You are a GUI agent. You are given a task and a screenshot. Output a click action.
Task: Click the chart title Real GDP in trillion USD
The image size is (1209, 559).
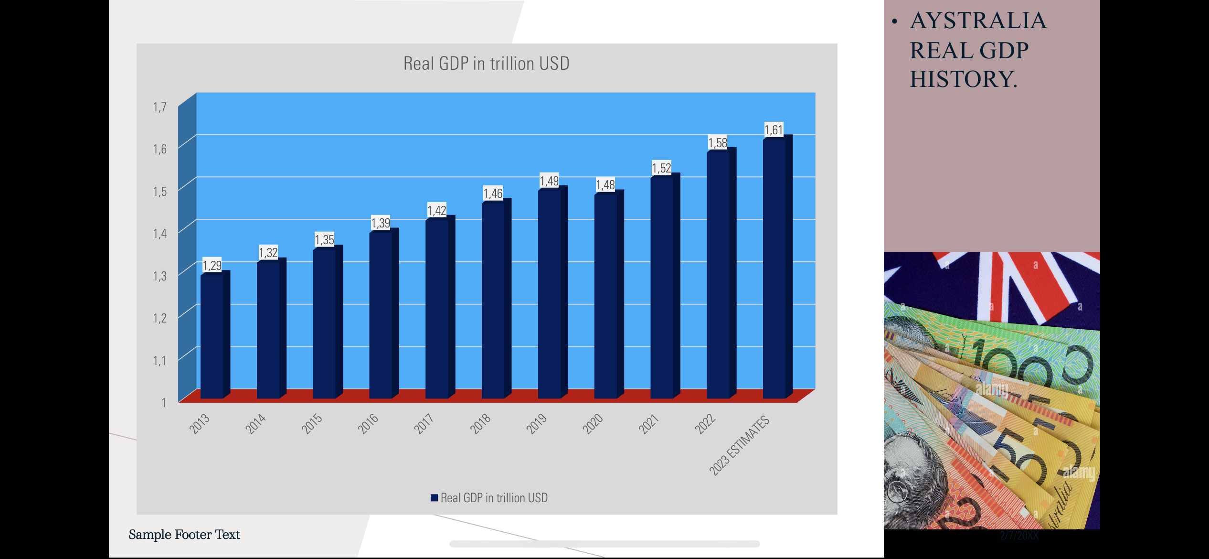coord(486,64)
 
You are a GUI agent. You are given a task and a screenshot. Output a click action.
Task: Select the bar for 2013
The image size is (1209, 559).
coord(212,334)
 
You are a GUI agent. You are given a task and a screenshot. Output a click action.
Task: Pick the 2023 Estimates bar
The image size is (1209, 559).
coord(774,268)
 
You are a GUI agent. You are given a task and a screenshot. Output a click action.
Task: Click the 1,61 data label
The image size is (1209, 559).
coord(774,130)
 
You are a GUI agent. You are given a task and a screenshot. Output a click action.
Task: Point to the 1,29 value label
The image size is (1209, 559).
coord(212,265)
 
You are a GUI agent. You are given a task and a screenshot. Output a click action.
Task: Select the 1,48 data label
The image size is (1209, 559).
coord(605,185)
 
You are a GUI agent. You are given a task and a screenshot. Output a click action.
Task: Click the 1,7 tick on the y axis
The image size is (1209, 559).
coord(160,107)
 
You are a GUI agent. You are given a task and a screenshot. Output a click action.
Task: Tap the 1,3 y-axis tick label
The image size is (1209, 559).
coord(160,276)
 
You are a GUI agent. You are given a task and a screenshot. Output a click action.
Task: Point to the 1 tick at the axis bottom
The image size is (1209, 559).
coord(164,403)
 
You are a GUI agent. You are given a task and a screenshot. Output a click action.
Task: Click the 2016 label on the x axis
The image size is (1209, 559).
coord(368,423)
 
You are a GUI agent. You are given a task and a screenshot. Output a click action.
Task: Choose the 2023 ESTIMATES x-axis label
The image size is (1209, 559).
coord(739,445)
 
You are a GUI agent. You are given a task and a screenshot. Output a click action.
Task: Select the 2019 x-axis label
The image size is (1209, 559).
coord(537,423)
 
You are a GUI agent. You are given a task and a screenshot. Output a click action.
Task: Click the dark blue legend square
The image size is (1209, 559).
coord(434,498)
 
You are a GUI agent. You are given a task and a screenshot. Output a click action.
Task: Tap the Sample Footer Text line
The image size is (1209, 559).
coord(184,535)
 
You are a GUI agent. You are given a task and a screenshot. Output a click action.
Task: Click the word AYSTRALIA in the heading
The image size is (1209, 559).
coord(978,21)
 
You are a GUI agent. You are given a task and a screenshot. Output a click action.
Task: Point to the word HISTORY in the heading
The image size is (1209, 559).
coord(963,79)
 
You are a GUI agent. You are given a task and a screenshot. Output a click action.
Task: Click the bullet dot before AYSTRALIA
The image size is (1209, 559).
coord(894,22)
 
